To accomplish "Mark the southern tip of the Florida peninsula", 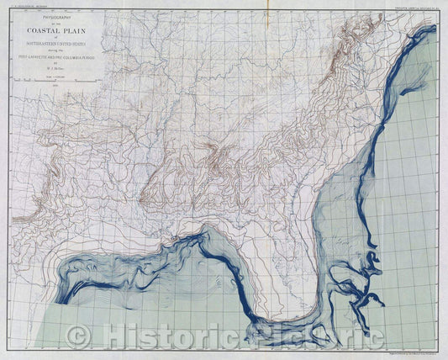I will (x=314, y=323).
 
